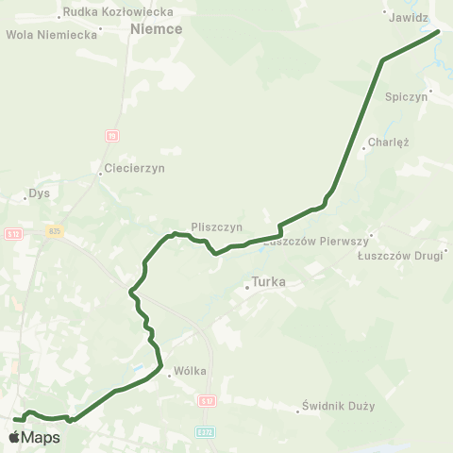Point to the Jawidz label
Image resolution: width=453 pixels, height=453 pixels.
click(x=409, y=18)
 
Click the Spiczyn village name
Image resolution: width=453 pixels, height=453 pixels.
click(x=408, y=96)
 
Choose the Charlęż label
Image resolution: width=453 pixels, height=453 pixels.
click(x=388, y=143)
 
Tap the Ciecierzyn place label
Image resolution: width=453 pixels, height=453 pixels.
click(x=133, y=169)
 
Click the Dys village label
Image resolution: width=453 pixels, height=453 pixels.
click(x=39, y=194)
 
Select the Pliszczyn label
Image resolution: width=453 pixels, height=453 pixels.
click(x=217, y=227)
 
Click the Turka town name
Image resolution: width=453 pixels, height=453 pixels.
click(x=269, y=281)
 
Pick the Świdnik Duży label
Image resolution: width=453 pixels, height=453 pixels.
click(x=339, y=407)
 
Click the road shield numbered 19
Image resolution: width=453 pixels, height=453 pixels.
click(x=112, y=136)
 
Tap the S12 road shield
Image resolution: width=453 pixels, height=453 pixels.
click(x=13, y=234)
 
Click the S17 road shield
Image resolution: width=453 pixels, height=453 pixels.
click(x=208, y=399)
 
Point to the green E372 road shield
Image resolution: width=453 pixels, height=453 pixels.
click(x=207, y=432)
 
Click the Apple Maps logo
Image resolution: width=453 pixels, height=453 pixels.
click(x=34, y=437)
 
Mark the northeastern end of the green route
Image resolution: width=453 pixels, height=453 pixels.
click(x=439, y=32)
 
